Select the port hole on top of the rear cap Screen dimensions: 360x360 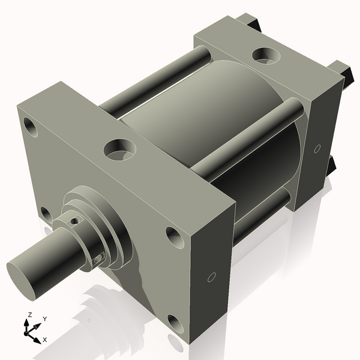tap(264, 56)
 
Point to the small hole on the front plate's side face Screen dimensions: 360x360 tap(211, 277)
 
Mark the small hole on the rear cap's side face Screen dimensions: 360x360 tap(317, 148)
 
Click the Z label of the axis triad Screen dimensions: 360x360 tap(29, 315)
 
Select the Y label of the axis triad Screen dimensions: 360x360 tap(45, 319)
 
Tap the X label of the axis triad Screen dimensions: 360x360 tap(44, 340)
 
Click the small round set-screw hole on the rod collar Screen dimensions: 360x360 tap(74, 220)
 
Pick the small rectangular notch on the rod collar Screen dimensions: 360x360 tap(99, 259)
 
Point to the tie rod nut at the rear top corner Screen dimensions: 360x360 tap(254, 23)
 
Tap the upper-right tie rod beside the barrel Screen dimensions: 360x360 tap(252, 136)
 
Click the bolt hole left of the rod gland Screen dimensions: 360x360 tap(45, 212)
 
